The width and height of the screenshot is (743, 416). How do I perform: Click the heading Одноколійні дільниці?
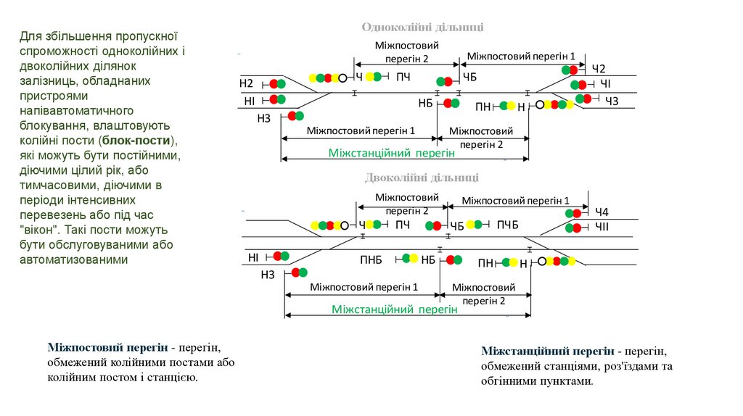(x=423, y=27)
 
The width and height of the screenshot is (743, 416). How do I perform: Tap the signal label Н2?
(x=247, y=84)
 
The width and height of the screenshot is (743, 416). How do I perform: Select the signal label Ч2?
(x=598, y=69)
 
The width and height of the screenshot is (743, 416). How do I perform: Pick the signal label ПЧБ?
(x=508, y=225)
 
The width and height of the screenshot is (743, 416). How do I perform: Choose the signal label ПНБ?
(x=371, y=259)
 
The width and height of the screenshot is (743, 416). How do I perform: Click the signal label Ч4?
(x=602, y=212)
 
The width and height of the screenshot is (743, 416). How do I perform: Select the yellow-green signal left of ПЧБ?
(x=474, y=225)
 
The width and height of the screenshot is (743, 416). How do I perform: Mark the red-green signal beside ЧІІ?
(x=576, y=228)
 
